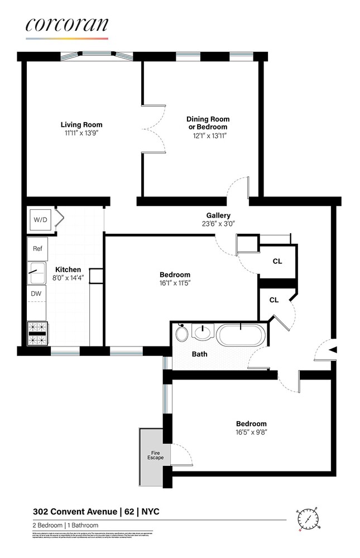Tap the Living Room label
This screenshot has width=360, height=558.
[x=81, y=124]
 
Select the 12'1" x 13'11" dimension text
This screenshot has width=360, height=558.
[x=208, y=136]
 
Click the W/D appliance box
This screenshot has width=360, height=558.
[x=41, y=220]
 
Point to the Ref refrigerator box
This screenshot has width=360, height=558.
[x=38, y=249]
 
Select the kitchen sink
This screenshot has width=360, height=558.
[x=37, y=273]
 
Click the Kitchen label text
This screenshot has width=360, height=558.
[x=68, y=270]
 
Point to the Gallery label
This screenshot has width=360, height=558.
[x=218, y=215]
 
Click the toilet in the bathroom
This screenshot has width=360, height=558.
[x=181, y=334]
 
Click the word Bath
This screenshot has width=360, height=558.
[x=200, y=354]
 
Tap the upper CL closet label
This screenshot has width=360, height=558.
[x=277, y=261]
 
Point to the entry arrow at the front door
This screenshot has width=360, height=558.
[x=333, y=350]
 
